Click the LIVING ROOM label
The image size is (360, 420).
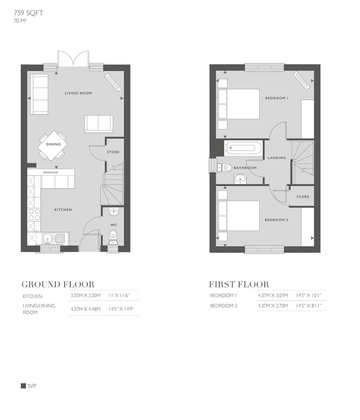tap(78, 93)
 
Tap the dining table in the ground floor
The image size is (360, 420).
tap(53, 145)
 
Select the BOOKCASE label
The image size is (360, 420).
tap(51, 172)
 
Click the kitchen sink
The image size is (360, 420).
tap(54, 238)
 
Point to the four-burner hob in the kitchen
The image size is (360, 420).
tap(33, 215)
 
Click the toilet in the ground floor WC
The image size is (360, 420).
tap(113, 234)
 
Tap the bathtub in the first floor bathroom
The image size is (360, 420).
tap(241, 148)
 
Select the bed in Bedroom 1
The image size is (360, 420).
tap(239, 104)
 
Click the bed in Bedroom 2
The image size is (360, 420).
tap(239, 216)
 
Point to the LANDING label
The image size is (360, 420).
tap(277, 158)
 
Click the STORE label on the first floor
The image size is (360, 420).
tap(303, 197)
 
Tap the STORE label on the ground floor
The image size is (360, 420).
tap(113, 152)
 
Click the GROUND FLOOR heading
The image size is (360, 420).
tap(58, 284)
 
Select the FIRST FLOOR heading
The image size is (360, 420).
tap(239, 284)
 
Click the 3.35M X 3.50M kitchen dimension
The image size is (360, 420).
tap(85, 296)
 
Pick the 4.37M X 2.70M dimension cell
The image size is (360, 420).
tap(273, 306)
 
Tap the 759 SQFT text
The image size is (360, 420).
tap(28, 13)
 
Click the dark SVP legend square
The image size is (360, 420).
tap(23, 386)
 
